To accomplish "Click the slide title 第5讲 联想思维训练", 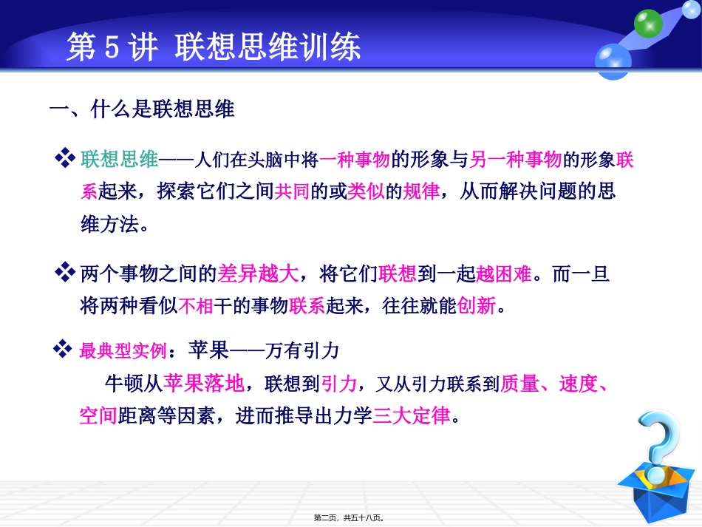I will pyautogui.click(x=214, y=49).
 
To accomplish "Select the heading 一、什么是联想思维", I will pyautogui.click(x=141, y=111).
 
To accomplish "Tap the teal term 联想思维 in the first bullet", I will pyautogui.click(x=120, y=159).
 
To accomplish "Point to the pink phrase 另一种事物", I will pyautogui.click(x=516, y=159).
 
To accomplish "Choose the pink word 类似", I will pyautogui.click(x=366, y=192).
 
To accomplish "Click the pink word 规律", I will pyautogui.click(x=421, y=192).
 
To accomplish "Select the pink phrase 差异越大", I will pyautogui.click(x=259, y=274).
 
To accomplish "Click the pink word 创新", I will pyautogui.click(x=477, y=306).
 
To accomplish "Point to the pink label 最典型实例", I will pyautogui.click(x=122, y=350).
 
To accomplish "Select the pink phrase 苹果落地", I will pyautogui.click(x=203, y=384).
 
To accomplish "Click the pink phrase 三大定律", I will pyautogui.click(x=412, y=416).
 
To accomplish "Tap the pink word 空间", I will pyautogui.click(x=98, y=416).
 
